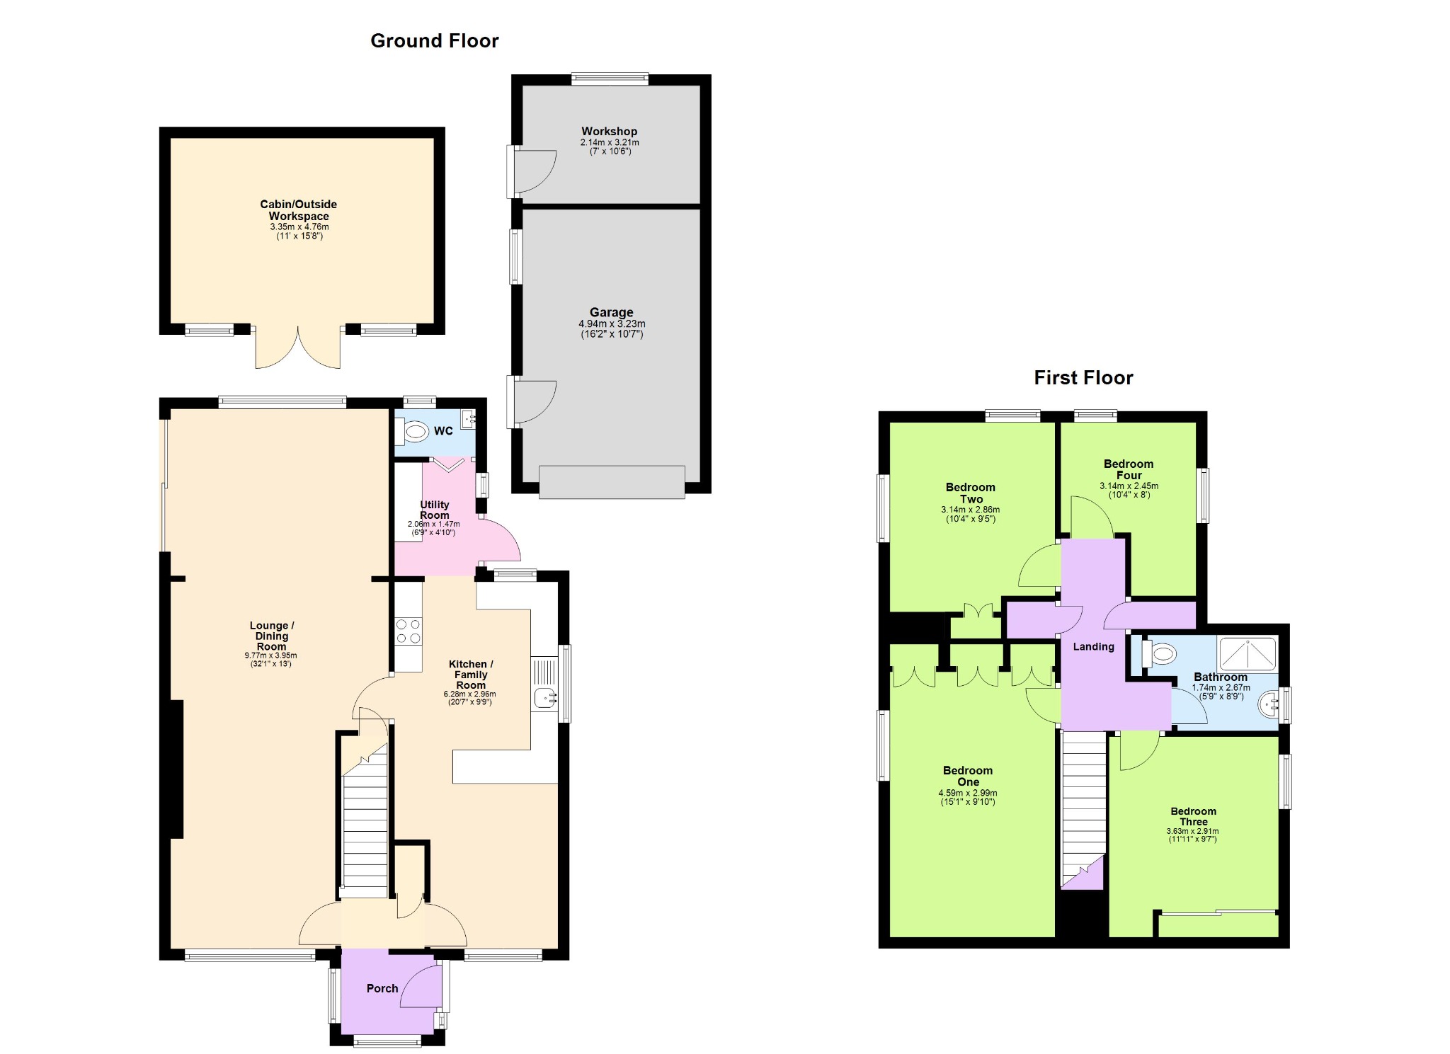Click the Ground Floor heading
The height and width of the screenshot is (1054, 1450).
pyautogui.click(x=435, y=41)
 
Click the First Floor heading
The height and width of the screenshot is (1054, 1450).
pyautogui.click(x=1083, y=378)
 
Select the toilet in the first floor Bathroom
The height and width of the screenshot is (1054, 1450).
pyautogui.click(x=1159, y=653)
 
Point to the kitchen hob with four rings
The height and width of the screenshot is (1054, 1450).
pyautogui.click(x=409, y=631)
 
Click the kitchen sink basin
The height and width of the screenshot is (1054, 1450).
pyautogui.click(x=544, y=698)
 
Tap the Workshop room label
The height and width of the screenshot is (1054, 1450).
pyautogui.click(x=610, y=132)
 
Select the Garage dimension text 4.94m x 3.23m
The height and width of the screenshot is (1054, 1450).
pyautogui.click(x=612, y=324)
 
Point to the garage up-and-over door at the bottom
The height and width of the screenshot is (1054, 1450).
pyautogui.click(x=612, y=482)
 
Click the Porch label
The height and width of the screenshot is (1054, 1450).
pyautogui.click(x=382, y=988)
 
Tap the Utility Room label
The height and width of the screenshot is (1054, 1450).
pyautogui.click(x=434, y=510)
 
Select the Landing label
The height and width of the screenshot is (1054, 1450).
pyautogui.click(x=1093, y=646)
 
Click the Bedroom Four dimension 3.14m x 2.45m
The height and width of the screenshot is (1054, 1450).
pyautogui.click(x=1129, y=486)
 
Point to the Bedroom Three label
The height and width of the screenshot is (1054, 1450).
pyautogui.click(x=1193, y=816)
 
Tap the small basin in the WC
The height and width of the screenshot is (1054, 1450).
pyautogui.click(x=469, y=419)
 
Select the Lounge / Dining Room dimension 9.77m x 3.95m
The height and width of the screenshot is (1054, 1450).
pyautogui.click(x=271, y=655)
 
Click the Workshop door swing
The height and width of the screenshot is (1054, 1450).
pyautogui.click(x=535, y=170)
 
